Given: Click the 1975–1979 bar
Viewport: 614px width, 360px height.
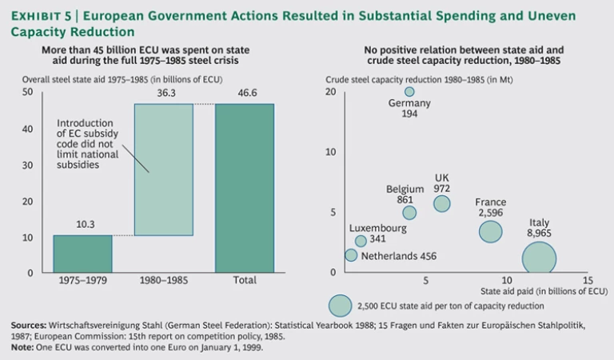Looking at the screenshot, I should tap(82, 254).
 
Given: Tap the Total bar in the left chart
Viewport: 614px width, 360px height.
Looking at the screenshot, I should tap(244, 188).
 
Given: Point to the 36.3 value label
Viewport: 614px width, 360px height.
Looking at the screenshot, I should tap(163, 95).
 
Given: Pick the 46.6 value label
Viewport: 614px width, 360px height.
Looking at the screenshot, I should tap(244, 95).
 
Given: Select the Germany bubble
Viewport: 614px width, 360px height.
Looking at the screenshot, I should tap(409, 91).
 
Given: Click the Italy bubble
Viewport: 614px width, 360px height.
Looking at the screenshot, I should tap(539, 258).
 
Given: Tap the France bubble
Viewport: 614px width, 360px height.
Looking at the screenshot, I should tap(491, 231).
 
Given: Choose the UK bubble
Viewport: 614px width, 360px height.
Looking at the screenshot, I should tap(442, 204).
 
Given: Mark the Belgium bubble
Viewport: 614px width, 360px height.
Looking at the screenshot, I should tap(409, 213).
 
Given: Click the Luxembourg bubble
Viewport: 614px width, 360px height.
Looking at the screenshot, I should tap(361, 241).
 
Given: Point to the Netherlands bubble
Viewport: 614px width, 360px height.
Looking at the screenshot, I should tap(351, 255).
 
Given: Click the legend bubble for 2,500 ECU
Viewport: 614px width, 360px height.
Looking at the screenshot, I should tap(341, 306).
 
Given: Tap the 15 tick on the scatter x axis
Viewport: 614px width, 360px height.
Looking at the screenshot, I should tap(588, 281).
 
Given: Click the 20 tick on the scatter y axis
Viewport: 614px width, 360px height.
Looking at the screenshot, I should tap(330, 92).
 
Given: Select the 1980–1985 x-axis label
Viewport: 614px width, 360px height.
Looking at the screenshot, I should tap(163, 281).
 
